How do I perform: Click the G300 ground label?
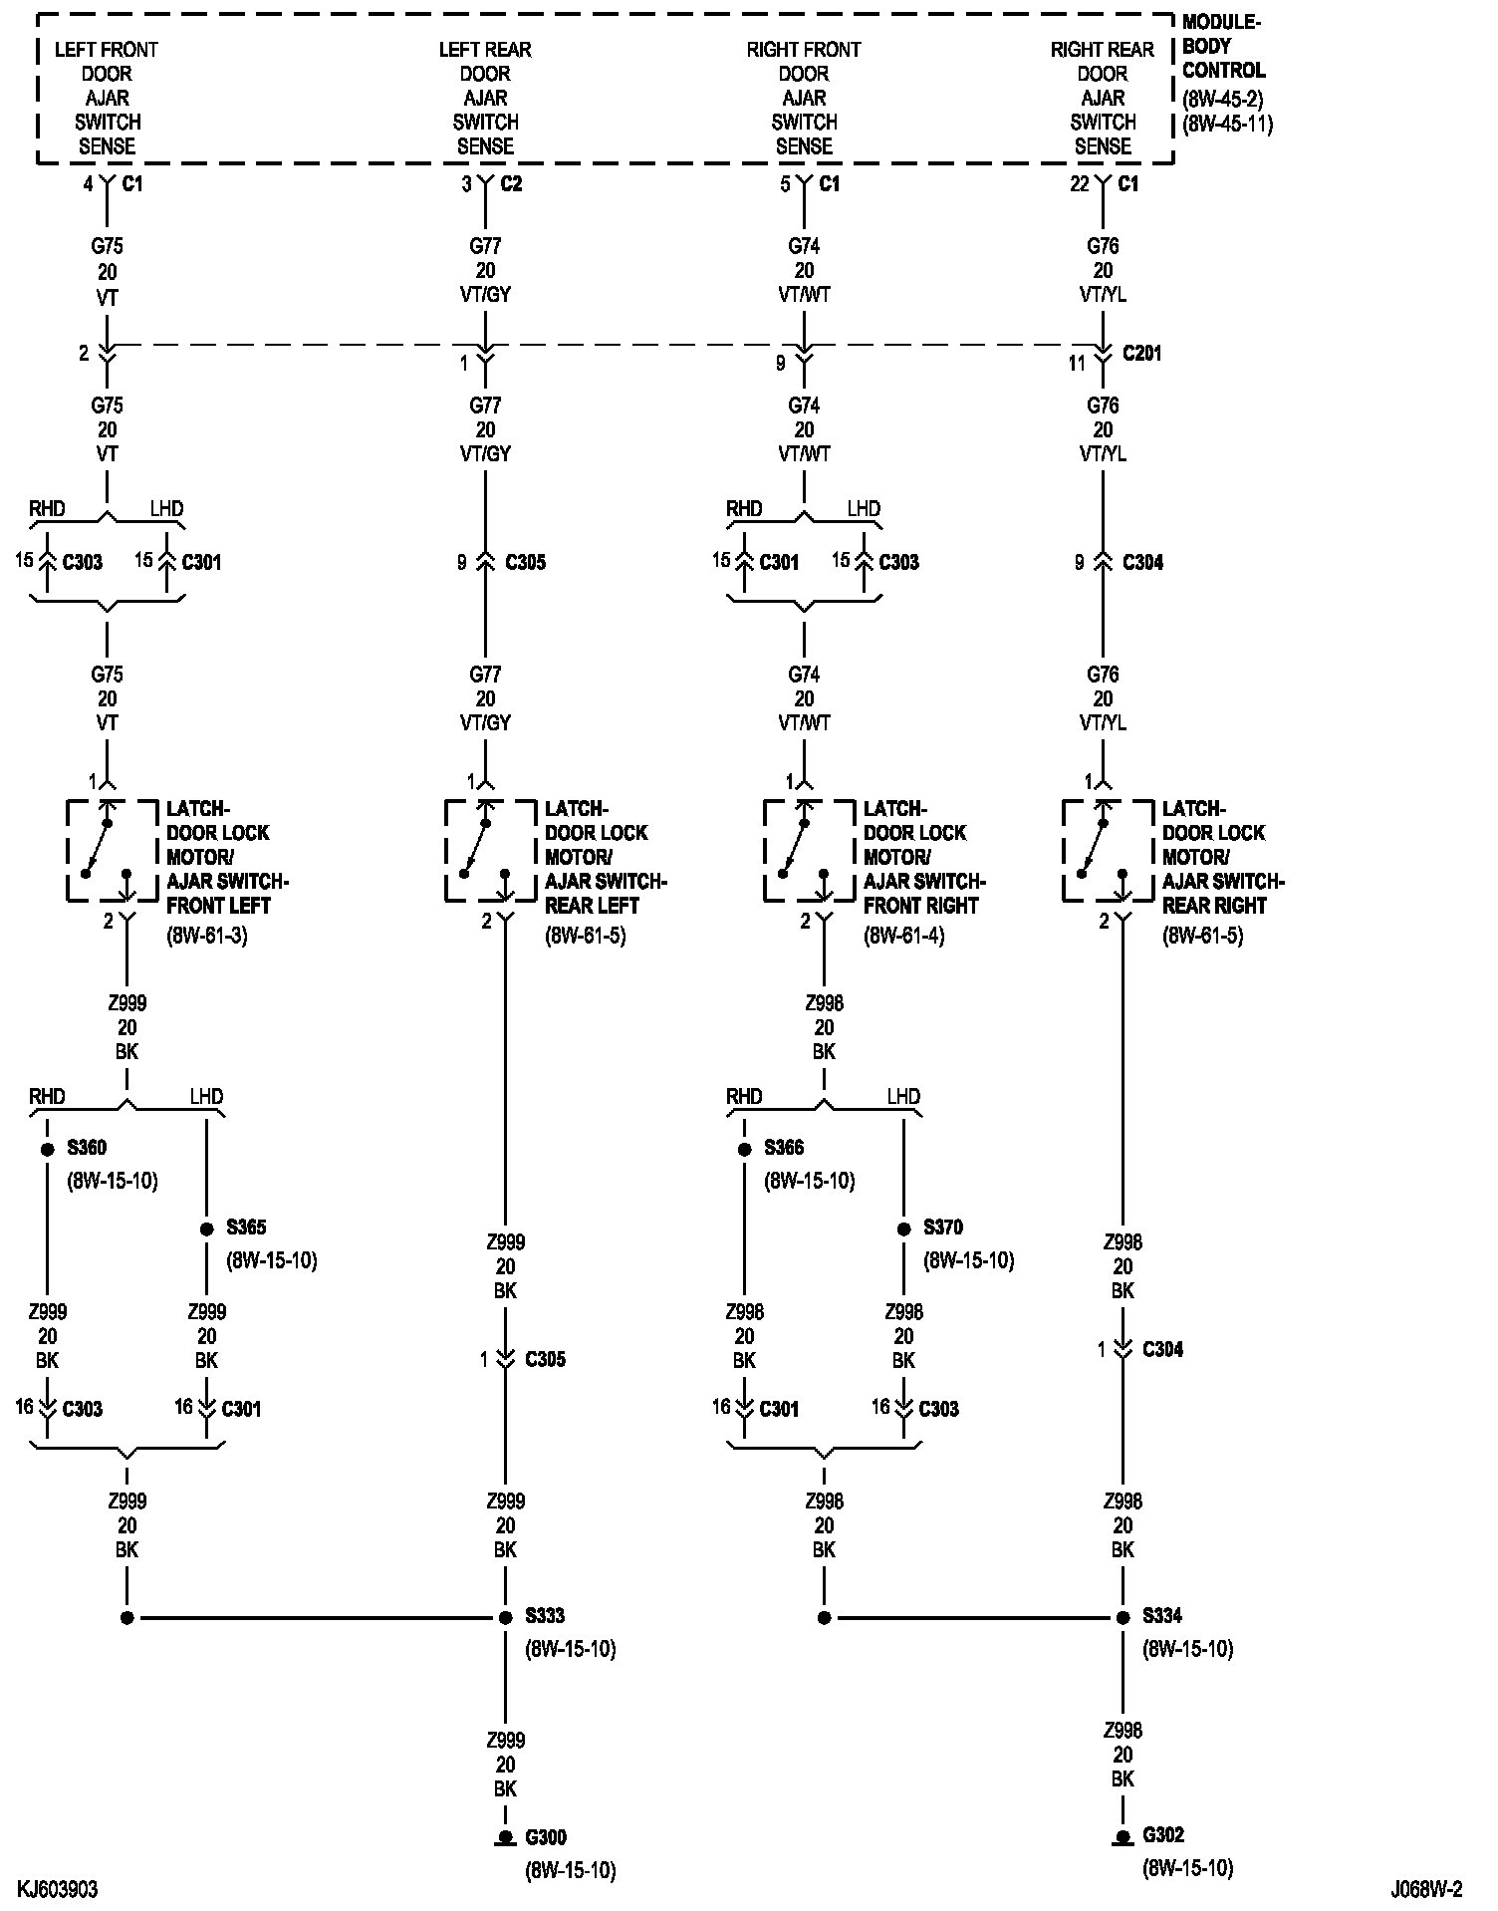click(546, 1836)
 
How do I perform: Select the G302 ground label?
click(1163, 1834)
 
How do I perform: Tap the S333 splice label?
click(545, 1615)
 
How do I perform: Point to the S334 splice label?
click(1162, 1615)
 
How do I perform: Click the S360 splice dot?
click(47, 1149)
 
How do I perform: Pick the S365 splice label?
click(246, 1228)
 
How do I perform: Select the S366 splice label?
click(784, 1148)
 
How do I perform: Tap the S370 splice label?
click(943, 1228)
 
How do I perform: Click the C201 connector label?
click(1141, 354)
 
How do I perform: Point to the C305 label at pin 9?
click(525, 562)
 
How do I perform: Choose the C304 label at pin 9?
click(1142, 562)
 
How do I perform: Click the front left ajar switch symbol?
click(112, 851)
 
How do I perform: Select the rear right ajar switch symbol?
click(1108, 851)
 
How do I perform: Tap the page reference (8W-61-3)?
click(207, 936)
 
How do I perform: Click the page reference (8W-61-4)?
click(904, 936)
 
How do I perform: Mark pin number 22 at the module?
click(1080, 184)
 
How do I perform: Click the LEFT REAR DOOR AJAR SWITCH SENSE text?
click(485, 98)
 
